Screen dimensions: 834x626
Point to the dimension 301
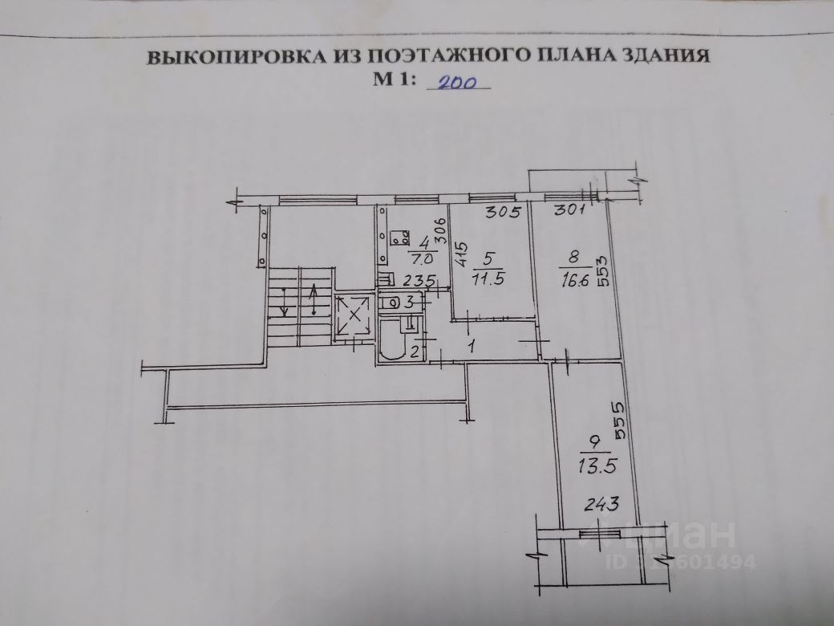click(571, 212)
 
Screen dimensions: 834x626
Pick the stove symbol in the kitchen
click(398, 239)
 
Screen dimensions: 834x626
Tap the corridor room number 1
click(472, 347)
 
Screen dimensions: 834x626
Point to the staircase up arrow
click(313, 301)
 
